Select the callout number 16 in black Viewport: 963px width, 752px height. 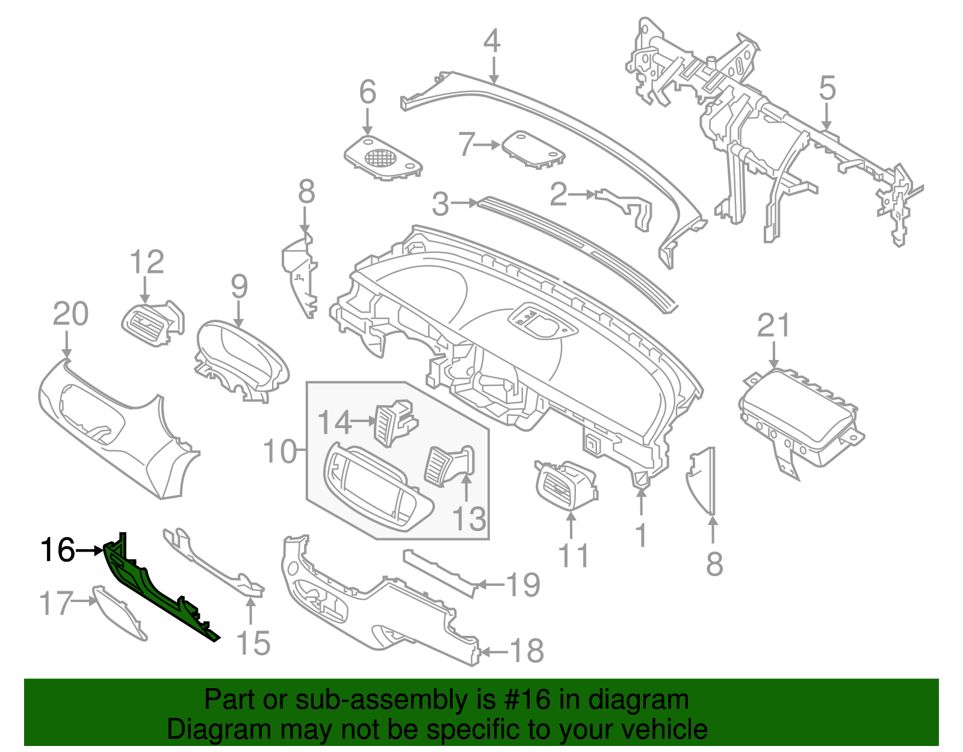pos(58,550)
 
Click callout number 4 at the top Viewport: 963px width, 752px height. pos(492,42)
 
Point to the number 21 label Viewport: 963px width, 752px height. pos(773,326)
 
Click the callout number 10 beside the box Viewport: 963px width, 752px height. pos(280,451)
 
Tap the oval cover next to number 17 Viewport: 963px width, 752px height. pos(119,614)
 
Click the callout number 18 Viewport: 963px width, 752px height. pos(527,651)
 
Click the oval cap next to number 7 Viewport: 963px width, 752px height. pos(533,148)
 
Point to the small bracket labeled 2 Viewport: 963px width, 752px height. pos(626,205)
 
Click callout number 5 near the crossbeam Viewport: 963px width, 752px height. pos(827,89)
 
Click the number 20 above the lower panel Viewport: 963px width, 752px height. pos(70,314)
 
